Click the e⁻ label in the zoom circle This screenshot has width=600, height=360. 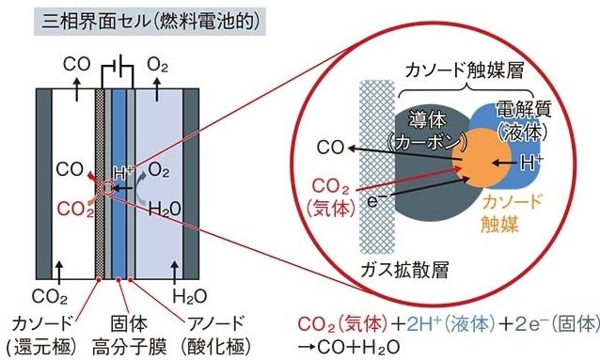[374, 199]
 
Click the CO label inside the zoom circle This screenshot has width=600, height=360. [330, 148]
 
